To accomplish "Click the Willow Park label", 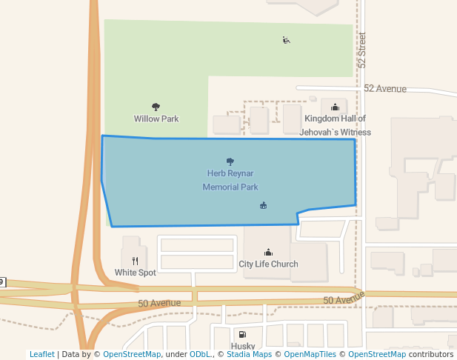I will click(x=156, y=119).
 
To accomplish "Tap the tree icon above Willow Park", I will click(x=156, y=107).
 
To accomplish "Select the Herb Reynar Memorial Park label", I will click(x=230, y=180).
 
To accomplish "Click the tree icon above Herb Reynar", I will click(x=230, y=161).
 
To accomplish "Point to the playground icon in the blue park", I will click(x=263, y=205).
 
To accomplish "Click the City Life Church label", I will click(x=268, y=264).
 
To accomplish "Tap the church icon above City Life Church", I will click(x=268, y=253).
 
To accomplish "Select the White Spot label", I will click(x=135, y=272).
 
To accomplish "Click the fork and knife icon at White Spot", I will click(x=135, y=261).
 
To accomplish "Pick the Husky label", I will click(x=243, y=346).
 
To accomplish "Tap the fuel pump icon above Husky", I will click(x=242, y=335).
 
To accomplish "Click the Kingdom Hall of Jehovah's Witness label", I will click(x=335, y=125).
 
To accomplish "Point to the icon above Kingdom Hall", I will click(x=335, y=107).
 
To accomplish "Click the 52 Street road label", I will click(x=362, y=50).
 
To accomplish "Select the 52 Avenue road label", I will click(x=384, y=89).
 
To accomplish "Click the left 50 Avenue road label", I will click(x=159, y=303).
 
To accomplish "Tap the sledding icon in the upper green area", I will click(x=286, y=40).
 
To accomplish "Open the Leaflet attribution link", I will click(x=41, y=354).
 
